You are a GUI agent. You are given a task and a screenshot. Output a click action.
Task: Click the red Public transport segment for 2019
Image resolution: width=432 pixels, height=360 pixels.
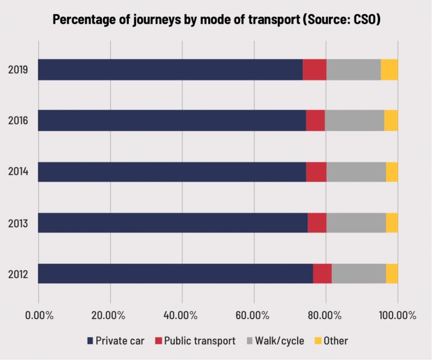[x=314, y=69]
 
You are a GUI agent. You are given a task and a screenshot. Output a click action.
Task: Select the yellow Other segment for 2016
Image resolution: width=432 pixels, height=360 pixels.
[x=391, y=120]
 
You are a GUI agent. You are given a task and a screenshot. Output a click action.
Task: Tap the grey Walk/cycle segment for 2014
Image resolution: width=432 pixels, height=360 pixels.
[x=356, y=172]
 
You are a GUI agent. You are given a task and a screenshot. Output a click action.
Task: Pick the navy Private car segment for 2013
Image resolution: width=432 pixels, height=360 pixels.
[x=173, y=223]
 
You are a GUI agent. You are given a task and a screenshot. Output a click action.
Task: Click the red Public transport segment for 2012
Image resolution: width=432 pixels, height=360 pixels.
[x=322, y=274]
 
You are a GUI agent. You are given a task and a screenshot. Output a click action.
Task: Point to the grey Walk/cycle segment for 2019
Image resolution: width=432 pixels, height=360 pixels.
[x=353, y=69]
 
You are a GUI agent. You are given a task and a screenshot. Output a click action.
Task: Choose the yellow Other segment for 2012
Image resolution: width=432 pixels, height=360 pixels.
[x=392, y=274]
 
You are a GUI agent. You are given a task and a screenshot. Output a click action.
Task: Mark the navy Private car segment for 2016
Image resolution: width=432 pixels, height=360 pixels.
[x=172, y=120]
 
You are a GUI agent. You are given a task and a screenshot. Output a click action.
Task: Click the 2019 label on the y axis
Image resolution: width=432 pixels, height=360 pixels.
[x=19, y=70]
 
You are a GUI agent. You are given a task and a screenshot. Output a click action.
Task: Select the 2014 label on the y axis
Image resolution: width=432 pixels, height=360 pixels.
[x=19, y=172]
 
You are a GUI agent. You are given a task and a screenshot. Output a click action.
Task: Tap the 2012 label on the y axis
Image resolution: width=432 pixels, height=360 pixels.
[x=19, y=275]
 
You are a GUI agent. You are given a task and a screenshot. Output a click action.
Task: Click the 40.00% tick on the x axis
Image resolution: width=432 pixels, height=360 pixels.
[x=182, y=315]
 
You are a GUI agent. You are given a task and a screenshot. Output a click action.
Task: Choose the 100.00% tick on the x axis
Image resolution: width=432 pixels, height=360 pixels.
[x=397, y=315]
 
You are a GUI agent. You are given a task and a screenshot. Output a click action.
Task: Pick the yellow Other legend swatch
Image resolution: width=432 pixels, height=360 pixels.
[x=318, y=340]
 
